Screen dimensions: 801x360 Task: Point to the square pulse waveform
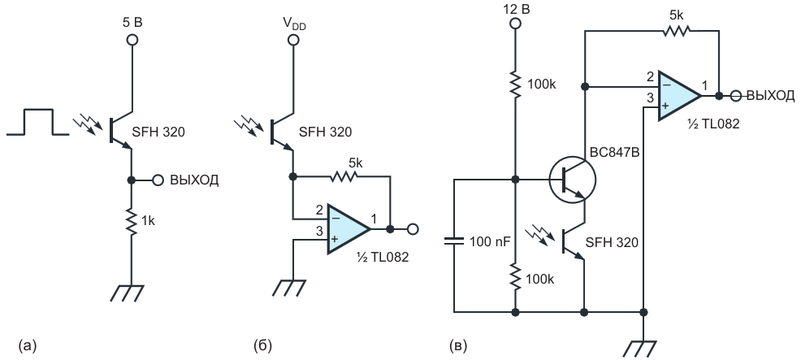coord(38,122)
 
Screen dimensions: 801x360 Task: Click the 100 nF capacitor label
coord(489,241)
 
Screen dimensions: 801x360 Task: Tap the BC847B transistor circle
coord(572,180)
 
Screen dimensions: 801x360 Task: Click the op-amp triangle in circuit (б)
coord(349,229)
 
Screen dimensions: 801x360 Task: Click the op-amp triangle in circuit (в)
coord(679,96)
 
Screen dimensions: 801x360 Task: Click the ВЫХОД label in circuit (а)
coord(194,180)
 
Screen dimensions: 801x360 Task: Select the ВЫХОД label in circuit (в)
coord(771,95)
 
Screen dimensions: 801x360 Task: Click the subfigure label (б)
coord(262,346)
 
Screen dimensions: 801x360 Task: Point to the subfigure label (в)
coord(457,346)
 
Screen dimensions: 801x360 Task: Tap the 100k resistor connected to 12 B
coord(514,85)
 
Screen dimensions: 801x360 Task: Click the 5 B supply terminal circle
coord(132,39)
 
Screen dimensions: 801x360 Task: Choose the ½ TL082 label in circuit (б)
coord(383,258)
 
